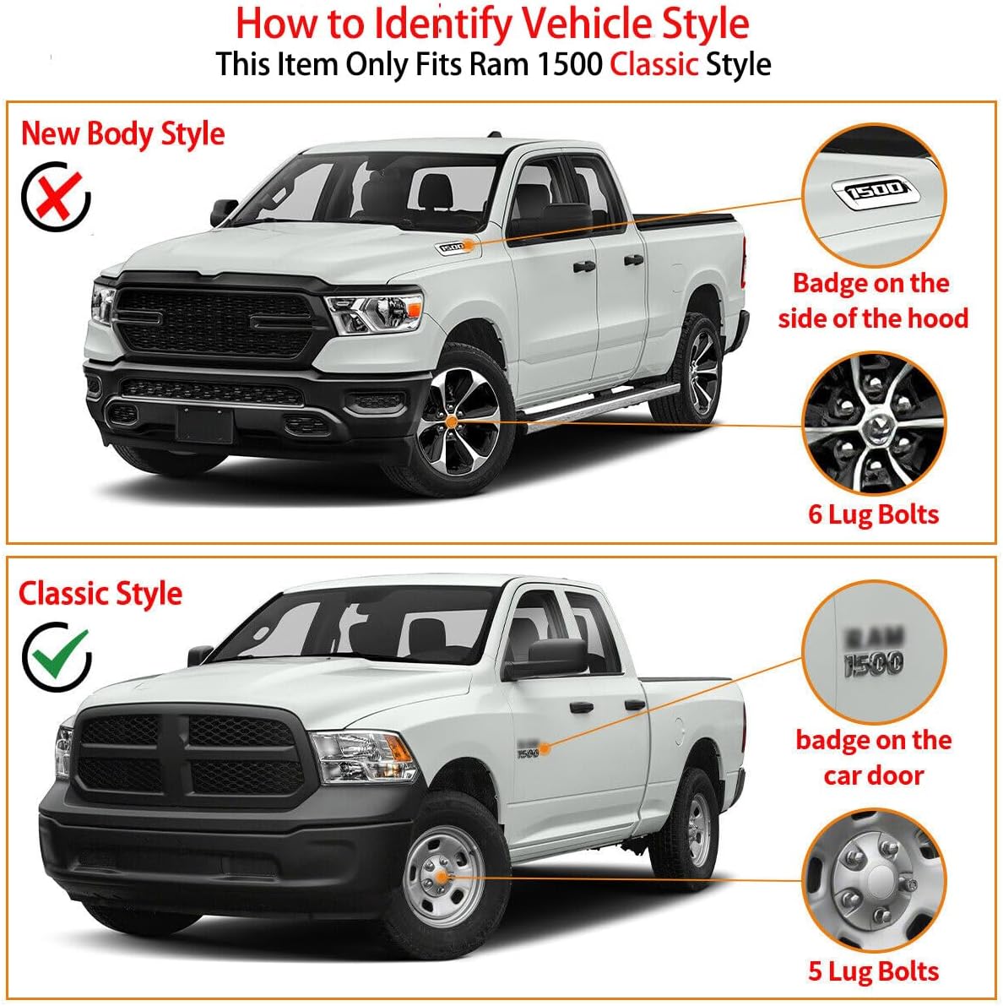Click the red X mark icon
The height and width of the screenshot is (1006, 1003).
click(56, 196)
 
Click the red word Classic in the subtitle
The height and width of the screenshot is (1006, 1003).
click(653, 64)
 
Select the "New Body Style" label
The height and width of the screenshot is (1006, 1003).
click(122, 133)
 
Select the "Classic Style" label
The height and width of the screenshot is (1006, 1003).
click(100, 593)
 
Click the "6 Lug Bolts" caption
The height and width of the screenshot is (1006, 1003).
click(873, 514)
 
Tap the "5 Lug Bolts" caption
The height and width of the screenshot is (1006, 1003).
click(873, 971)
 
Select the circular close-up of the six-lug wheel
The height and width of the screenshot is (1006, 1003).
click(873, 422)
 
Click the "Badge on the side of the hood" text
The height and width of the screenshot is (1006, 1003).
click(873, 300)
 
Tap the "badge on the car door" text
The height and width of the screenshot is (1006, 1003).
click(873, 757)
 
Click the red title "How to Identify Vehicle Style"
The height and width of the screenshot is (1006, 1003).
click(492, 23)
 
